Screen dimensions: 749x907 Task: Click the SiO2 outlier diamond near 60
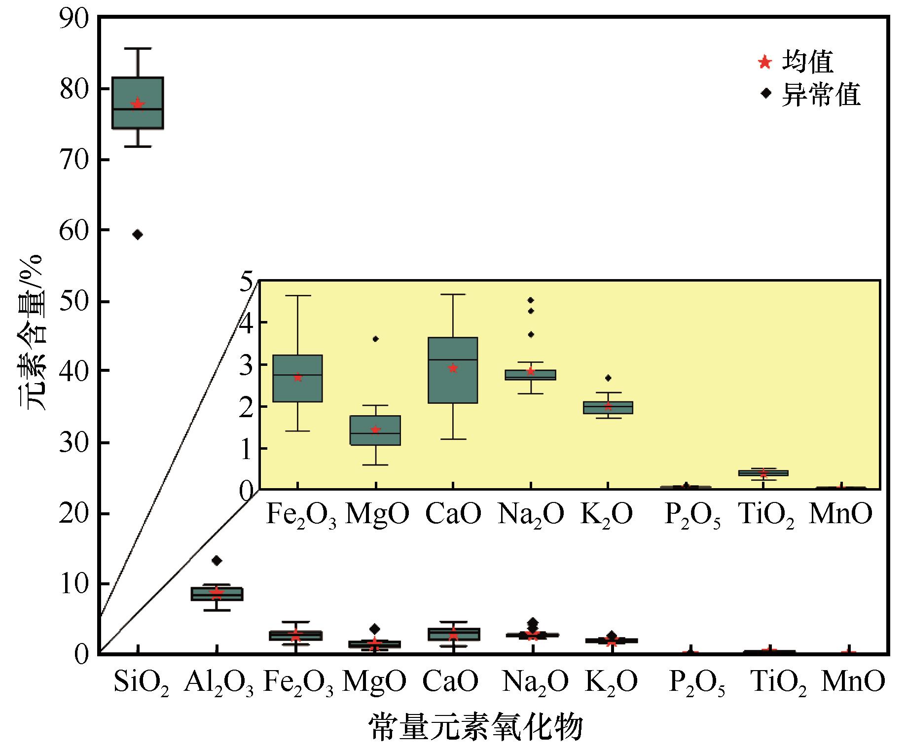[x=138, y=235]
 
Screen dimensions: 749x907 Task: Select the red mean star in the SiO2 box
[x=138, y=104]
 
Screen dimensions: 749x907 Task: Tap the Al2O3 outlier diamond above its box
[x=217, y=560]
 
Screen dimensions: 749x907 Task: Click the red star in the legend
[x=765, y=62]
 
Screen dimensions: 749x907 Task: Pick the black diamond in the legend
[x=765, y=93]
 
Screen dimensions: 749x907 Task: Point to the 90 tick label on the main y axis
[x=74, y=19]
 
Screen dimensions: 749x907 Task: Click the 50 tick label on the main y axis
[x=74, y=302]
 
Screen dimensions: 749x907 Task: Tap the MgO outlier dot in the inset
[x=375, y=339]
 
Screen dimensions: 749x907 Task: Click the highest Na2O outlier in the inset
[x=531, y=300]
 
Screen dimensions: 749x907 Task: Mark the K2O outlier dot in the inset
[x=608, y=378]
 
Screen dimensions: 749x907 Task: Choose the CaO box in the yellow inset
[x=453, y=370]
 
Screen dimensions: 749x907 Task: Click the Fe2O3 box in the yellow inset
[x=297, y=378]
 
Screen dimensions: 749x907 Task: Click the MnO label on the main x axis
[x=853, y=682]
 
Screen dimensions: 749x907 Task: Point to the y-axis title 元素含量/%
[x=33, y=333]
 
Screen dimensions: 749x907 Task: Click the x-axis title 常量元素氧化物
[x=476, y=727]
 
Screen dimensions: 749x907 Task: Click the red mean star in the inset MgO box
[x=375, y=430]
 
